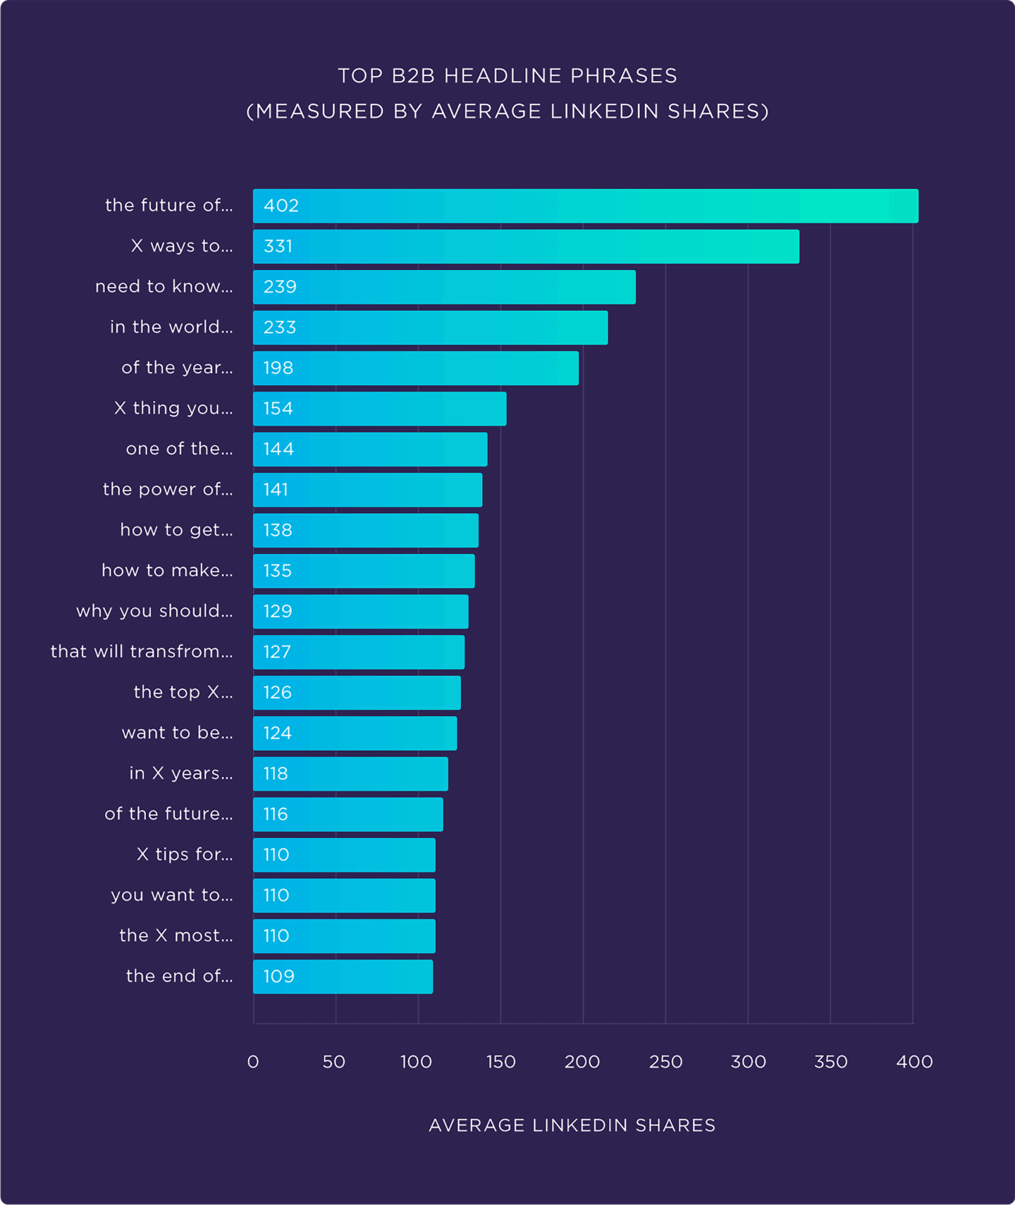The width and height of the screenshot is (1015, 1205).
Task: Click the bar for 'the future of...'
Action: point(585,206)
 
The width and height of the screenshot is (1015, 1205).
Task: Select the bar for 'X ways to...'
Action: point(526,247)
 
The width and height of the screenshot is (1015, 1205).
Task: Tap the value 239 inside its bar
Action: point(280,287)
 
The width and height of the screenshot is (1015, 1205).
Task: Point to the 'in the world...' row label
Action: point(171,327)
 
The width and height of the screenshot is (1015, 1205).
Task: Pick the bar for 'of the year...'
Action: point(416,368)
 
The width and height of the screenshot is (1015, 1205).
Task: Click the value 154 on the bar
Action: point(278,409)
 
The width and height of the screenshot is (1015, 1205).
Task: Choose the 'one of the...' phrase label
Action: point(179,449)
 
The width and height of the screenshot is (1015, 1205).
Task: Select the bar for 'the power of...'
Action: point(367,490)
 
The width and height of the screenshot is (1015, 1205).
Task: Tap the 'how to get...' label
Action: point(176,530)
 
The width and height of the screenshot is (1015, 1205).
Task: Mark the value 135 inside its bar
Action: point(277,571)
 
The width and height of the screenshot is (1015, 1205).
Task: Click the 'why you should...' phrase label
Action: point(154,611)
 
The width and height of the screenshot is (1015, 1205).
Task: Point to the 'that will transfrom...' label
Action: point(142,652)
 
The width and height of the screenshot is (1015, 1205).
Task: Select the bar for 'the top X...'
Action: point(357,693)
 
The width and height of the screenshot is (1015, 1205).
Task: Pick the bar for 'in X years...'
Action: point(350,774)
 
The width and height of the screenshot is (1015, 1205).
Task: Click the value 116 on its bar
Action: point(276,815)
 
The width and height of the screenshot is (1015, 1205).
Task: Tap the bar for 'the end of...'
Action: point(343,977)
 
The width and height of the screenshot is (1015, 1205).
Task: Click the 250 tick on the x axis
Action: point(665,1062)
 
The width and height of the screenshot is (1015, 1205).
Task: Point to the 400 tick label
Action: point(914,1062)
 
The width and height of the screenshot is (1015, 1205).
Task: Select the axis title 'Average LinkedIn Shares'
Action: point(572,1125)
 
